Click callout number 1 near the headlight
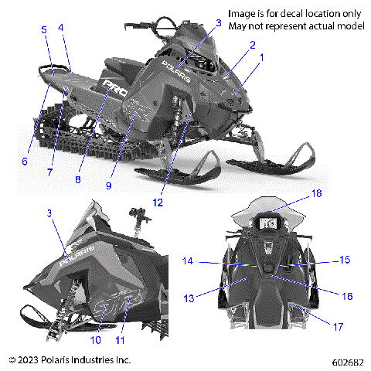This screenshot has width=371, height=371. point(261,57)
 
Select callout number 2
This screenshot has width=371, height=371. point(250,45)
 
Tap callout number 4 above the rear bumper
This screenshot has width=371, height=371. point(61,28)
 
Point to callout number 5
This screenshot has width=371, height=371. point(44,29)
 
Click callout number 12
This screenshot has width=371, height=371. point(179,203)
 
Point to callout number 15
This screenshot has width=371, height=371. point(345,260)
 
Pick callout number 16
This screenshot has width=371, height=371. point(347,294)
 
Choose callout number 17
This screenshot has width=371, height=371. point(338,327)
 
